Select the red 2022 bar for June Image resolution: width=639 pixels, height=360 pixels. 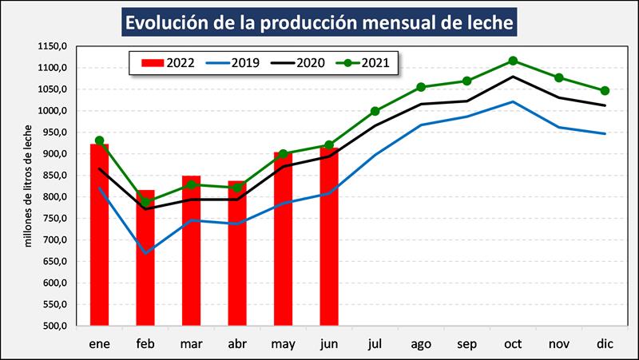329,239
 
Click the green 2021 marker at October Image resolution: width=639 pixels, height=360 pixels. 513,61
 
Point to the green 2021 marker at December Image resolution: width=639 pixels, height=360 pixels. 605,90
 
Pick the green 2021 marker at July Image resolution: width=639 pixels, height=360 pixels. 375,111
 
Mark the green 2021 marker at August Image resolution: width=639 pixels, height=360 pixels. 421,87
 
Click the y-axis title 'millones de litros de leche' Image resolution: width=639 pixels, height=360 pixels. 29,187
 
